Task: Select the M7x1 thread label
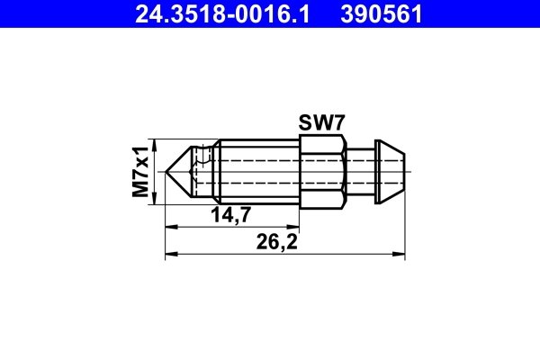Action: (140, 171)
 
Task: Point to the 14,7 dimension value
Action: (230, 214)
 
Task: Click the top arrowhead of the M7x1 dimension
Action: (156, 144)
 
